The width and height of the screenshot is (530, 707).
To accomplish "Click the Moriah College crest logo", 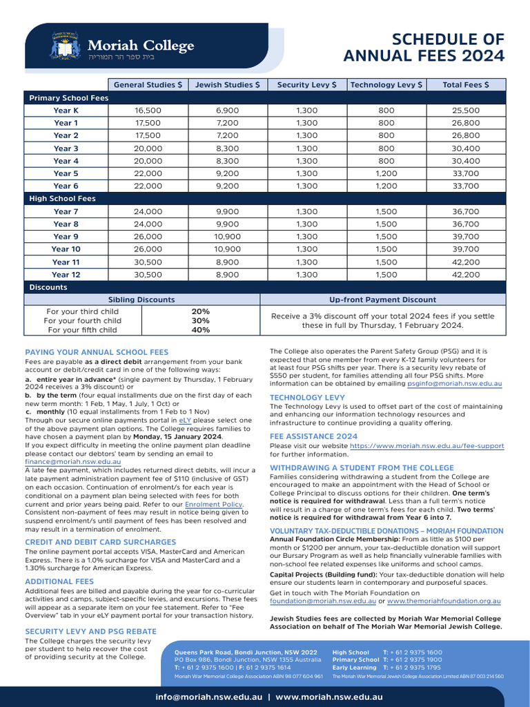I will point(66,46).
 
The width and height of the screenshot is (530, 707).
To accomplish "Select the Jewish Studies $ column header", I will point(228,85).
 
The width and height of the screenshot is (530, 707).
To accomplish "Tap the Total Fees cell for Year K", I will point(466,110).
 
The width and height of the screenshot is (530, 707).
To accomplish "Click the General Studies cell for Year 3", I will point(148,148).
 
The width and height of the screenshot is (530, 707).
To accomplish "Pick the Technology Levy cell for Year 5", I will point(386,173).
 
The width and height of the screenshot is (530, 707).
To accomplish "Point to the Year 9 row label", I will point(66,236).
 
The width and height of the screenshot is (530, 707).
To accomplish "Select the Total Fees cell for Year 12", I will point(466,274).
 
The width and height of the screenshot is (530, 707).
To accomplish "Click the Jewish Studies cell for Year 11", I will point(228,262).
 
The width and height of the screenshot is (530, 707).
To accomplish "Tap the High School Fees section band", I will point(62,199).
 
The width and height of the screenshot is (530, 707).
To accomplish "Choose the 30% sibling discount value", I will point(201,321).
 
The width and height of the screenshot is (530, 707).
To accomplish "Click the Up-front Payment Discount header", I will point(382,300).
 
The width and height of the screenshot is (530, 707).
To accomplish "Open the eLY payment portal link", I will point(185,420).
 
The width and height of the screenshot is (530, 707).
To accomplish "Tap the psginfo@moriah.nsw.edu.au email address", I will point(454,382).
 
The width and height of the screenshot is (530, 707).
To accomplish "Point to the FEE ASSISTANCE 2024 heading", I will point(313,436).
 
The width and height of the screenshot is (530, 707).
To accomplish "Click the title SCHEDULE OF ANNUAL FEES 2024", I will point(424,47).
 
